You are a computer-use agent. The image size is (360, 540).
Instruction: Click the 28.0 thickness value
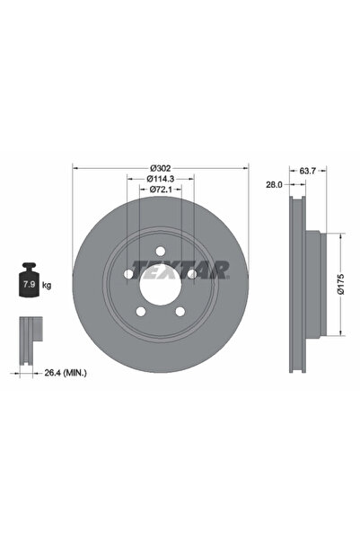274,184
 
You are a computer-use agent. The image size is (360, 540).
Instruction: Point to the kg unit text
46,285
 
